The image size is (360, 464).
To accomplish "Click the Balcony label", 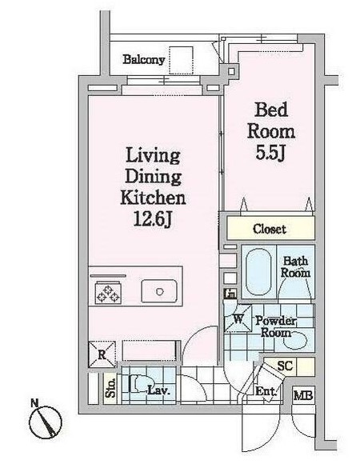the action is coord(143,59).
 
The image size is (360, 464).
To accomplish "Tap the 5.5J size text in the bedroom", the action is coord(270,154).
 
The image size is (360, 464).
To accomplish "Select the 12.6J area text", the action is coord(152,219).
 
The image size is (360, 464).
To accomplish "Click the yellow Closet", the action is coord(270,228).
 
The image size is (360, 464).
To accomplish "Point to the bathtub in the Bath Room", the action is coord(258,272).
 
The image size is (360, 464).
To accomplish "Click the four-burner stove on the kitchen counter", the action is coord(108,292).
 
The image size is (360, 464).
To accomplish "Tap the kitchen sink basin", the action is coord(159,291).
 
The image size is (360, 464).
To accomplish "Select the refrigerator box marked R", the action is coord(102,354).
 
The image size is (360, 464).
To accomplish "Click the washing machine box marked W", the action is coord(238,318).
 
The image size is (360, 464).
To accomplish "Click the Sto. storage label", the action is coord(110,388).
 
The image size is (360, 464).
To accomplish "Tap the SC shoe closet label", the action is coord(285,366).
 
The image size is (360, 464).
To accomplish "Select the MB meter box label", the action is coord(303,395).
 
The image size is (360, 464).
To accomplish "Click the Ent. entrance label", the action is coord(266,391).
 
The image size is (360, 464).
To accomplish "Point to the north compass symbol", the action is coord(46,422).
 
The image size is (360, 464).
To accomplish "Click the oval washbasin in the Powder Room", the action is coord(295,340).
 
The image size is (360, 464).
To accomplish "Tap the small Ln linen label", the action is coord(230,294).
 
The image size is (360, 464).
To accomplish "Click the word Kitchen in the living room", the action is coord(153,198).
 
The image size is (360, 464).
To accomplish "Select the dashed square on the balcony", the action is coord(181,60).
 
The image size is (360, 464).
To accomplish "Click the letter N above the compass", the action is coord(34,402).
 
